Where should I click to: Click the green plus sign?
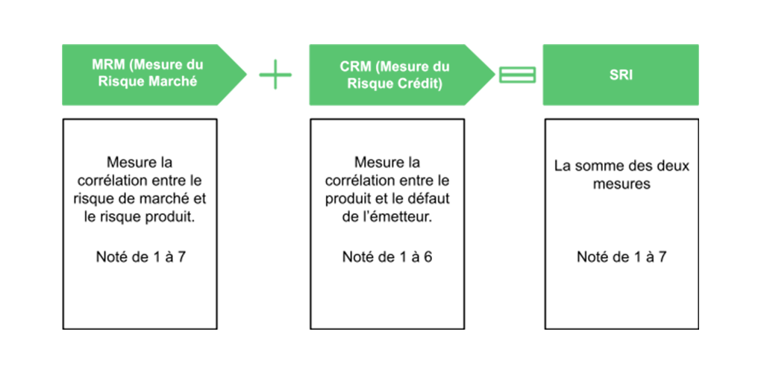tap(275, 75)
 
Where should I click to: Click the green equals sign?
tap(518, 75)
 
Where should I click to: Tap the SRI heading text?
tap(621, 75)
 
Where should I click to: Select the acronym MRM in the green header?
tap(111, 65)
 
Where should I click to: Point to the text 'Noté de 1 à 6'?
tap(387, 257)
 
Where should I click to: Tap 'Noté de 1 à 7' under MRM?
tap(140, 257)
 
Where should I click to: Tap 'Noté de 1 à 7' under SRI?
tap(621, 257)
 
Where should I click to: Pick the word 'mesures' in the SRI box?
tap(621, 184)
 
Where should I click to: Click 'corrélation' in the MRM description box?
tap(113, 181)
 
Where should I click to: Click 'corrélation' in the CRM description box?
tap(360, 181)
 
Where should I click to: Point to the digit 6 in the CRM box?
tap(428, 257)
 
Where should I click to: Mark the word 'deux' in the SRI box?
tap(674, 166)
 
